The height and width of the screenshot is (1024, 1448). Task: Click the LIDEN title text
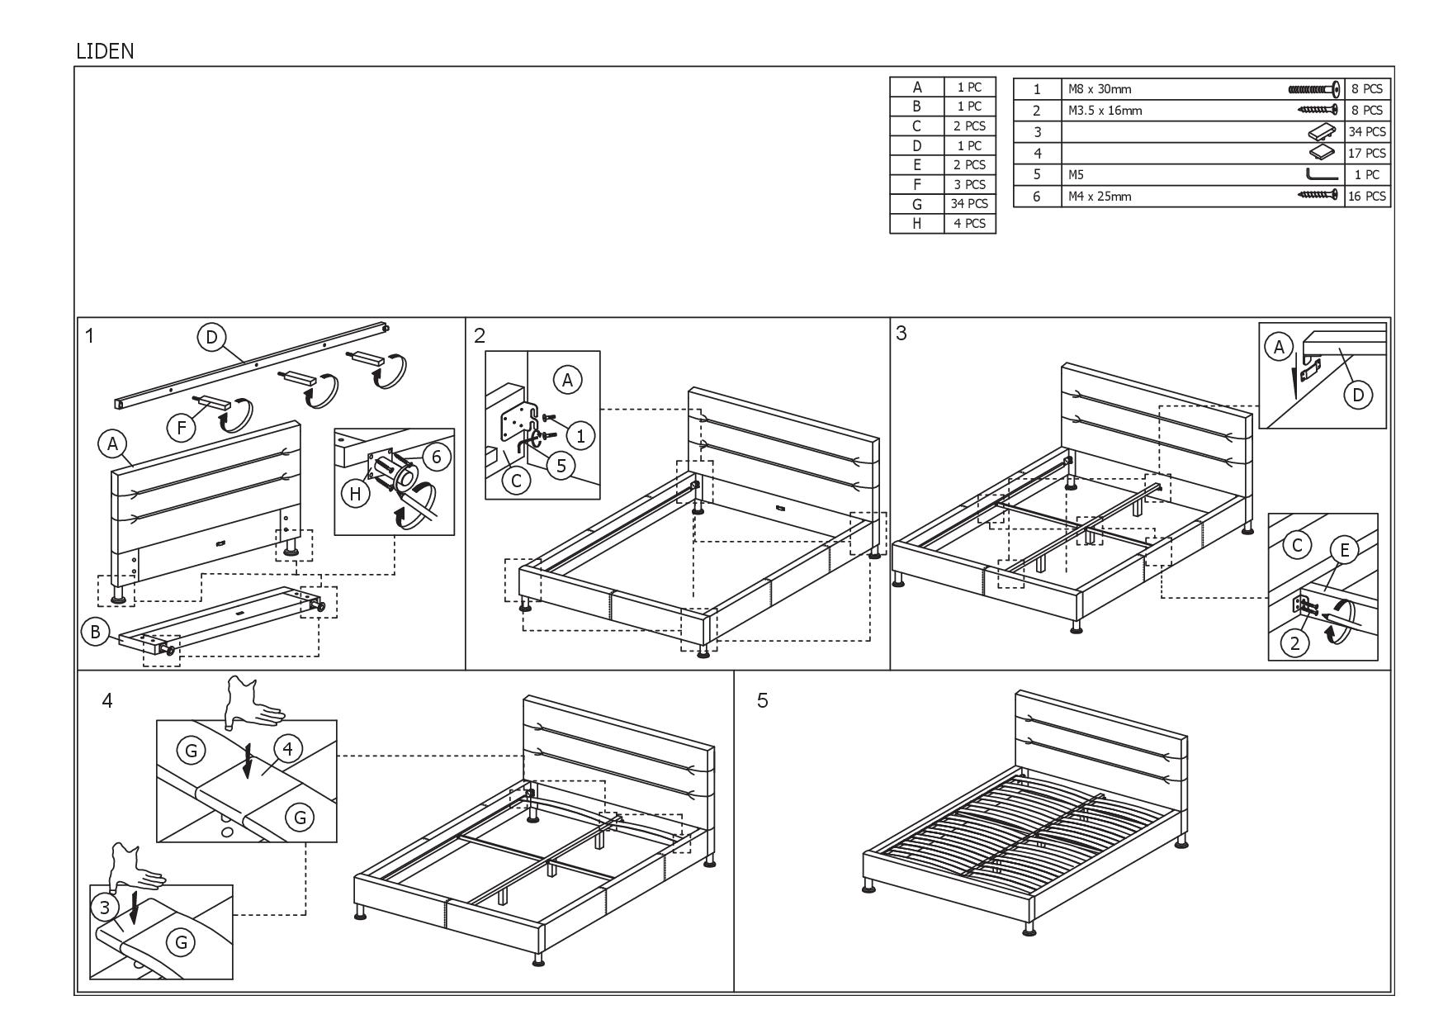(x=105, y=51)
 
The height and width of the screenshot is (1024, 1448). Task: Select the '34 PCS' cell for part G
(x=969, y=203)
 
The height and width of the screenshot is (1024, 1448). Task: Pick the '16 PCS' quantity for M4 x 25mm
(x=1367, y=197)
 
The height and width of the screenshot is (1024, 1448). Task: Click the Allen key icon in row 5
(x=1323, y=174)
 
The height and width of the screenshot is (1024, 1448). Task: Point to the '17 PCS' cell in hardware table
(x=1367, y=153)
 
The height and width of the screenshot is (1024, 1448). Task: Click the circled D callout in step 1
(x=211, y=337)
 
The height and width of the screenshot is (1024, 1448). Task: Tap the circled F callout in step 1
(x=182, y=427)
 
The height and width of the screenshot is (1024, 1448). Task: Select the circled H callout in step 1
(x=356, y=494)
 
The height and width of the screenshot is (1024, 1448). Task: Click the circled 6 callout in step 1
(x=438, y=457)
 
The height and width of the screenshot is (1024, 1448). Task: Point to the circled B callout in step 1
(x=95, y=632)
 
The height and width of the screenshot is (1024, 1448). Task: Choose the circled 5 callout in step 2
(x=561, y=465)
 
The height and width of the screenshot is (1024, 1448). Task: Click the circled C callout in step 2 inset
(x=517, y=480)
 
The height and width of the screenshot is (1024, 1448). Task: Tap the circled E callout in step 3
(x=1345, y=551)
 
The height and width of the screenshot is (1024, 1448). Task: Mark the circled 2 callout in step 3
(x=1294, y=642)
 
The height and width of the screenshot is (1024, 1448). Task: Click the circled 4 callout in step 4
(x=287, y=749)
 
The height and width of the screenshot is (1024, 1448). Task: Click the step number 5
(x=762, y=700)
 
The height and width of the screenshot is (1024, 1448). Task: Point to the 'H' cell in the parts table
(x=916, y=223)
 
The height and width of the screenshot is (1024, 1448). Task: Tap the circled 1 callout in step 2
(x=580, y=435)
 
